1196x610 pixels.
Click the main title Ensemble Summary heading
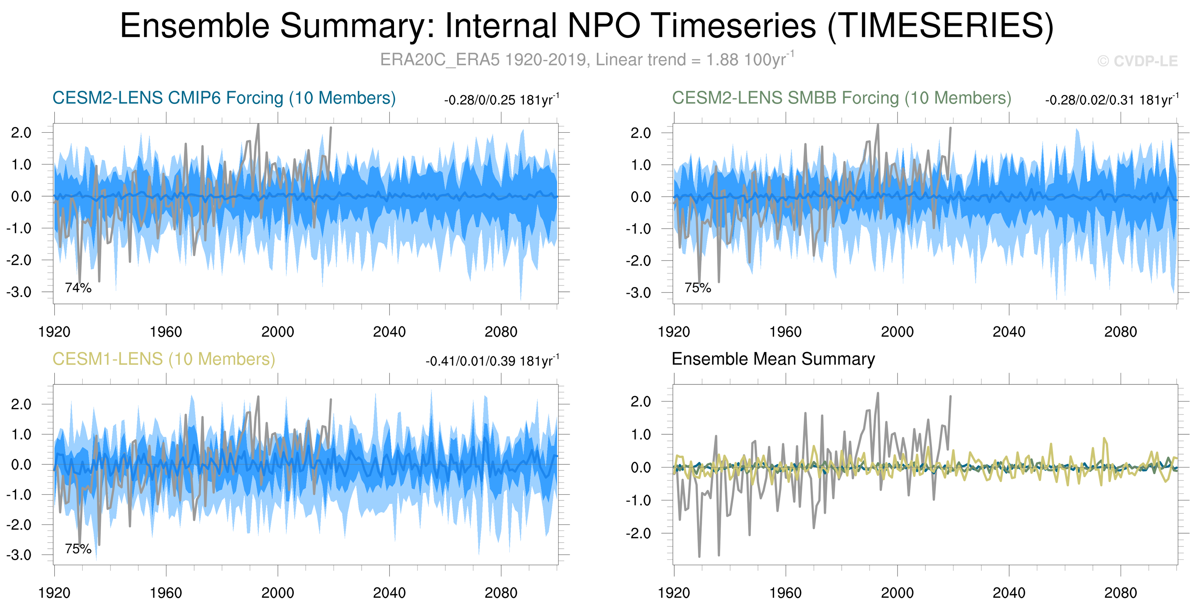point(586,26)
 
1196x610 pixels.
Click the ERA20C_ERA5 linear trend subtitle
point(586,60)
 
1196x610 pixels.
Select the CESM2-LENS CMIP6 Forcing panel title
point(224,98)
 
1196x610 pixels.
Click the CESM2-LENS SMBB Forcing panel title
point(841,98)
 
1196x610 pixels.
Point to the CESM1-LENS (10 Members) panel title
point(163,359)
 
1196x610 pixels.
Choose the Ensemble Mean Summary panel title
point(773,359)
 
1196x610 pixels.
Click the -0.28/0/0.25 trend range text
point(502,100)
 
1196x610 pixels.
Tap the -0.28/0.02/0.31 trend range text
point(1112,100)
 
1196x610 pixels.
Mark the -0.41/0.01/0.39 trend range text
point(492,361)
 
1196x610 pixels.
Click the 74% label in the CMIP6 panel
point(78,288)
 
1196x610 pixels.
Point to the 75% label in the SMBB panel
point(698,288)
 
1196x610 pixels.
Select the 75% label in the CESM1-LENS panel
point(78,549)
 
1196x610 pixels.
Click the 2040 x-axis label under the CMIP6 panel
point(389,332)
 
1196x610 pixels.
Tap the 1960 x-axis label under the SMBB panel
point(785,332)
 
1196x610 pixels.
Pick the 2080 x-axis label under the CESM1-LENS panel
point(501,593)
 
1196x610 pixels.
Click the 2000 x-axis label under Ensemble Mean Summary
point(897,593)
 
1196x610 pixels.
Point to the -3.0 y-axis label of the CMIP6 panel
point(19,292)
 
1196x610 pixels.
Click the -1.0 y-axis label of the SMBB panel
point(638,229)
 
